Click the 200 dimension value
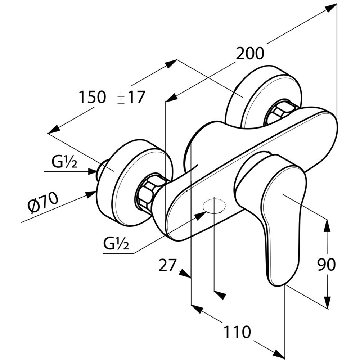tap(250, 54)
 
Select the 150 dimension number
tap(93, 97)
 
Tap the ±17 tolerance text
tap(131, 97)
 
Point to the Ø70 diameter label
tap(43, 203)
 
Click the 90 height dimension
tap(326, 265)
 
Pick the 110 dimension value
tap(237, 332)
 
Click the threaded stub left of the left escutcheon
tap(102, 169)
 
